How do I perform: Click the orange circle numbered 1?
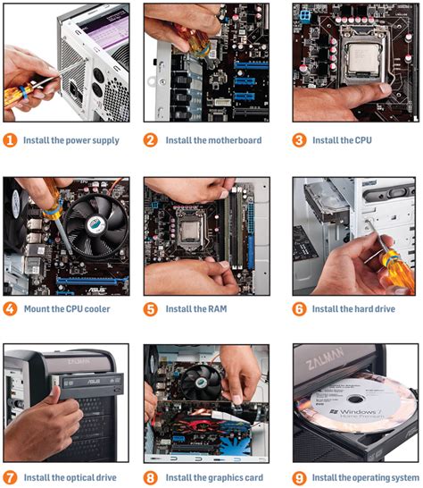pos(10,140)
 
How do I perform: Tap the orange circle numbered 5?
pos(151,309)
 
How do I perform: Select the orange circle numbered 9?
pos(299,478)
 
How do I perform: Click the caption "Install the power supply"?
pos(71,140)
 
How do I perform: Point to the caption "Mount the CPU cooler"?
pos(67,309)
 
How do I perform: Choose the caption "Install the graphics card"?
pos(214,478)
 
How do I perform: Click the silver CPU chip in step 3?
pos(364,60)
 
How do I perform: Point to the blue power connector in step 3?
pos(305,16)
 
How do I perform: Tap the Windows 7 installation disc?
pos(357,403)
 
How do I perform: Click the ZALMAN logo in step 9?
pos(325,358)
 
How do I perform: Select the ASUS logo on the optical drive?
pos(93,382)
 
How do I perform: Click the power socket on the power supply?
pos(75,91)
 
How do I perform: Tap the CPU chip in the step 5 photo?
pos(190,231)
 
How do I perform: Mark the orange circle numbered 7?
pos(10,478)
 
